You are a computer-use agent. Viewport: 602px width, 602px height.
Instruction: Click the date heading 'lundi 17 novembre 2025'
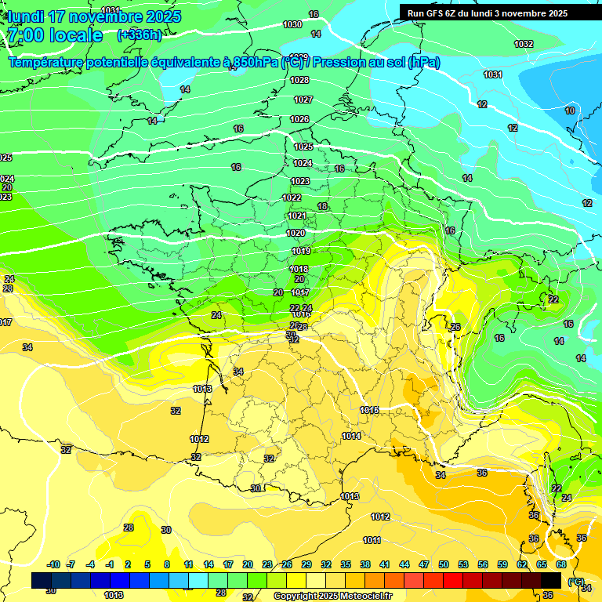(94, 16)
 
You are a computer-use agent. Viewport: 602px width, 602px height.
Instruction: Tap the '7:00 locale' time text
(55, 35)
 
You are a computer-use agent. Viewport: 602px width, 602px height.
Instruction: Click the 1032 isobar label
(524, 44)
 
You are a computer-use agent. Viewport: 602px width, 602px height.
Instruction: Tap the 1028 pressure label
(299, 80)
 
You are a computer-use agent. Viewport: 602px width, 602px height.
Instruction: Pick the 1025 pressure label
(303, 147)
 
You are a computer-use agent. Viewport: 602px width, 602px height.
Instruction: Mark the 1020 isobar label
(296, 233)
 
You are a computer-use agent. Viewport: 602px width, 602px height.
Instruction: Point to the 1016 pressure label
(369, 410)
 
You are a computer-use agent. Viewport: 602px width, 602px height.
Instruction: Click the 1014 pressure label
(351, 436)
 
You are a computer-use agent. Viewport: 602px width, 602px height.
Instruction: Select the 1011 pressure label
(372, 540)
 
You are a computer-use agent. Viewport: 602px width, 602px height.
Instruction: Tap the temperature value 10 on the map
(570, 111)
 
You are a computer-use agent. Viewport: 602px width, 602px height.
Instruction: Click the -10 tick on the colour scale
(53, 564)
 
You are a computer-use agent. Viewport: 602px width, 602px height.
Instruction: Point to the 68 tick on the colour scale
(561, 564)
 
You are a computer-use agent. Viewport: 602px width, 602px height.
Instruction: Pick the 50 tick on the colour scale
(444, 564)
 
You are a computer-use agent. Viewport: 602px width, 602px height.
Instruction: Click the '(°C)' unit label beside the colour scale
(575, 582)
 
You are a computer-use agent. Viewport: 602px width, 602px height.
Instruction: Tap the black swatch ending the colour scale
(551, 580)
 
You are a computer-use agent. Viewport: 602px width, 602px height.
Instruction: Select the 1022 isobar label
(292, 198)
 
